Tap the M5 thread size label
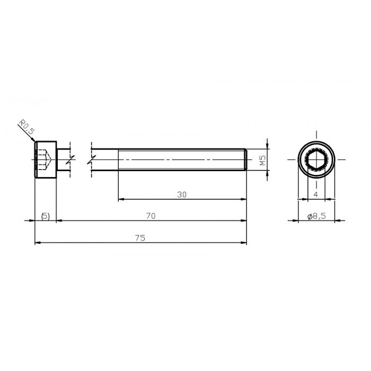point(262,161)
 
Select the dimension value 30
point(182,195)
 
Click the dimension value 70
point(151,216)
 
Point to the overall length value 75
point(140,238)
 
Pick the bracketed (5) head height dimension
point(45,216)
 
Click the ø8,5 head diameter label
point(316,216)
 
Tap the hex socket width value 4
point(316,195)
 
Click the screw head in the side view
point(46,158)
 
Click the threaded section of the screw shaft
point(180,158)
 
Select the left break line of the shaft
point(70,158)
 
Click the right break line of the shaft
point(92,158)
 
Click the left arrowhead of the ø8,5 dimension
point(301,221)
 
